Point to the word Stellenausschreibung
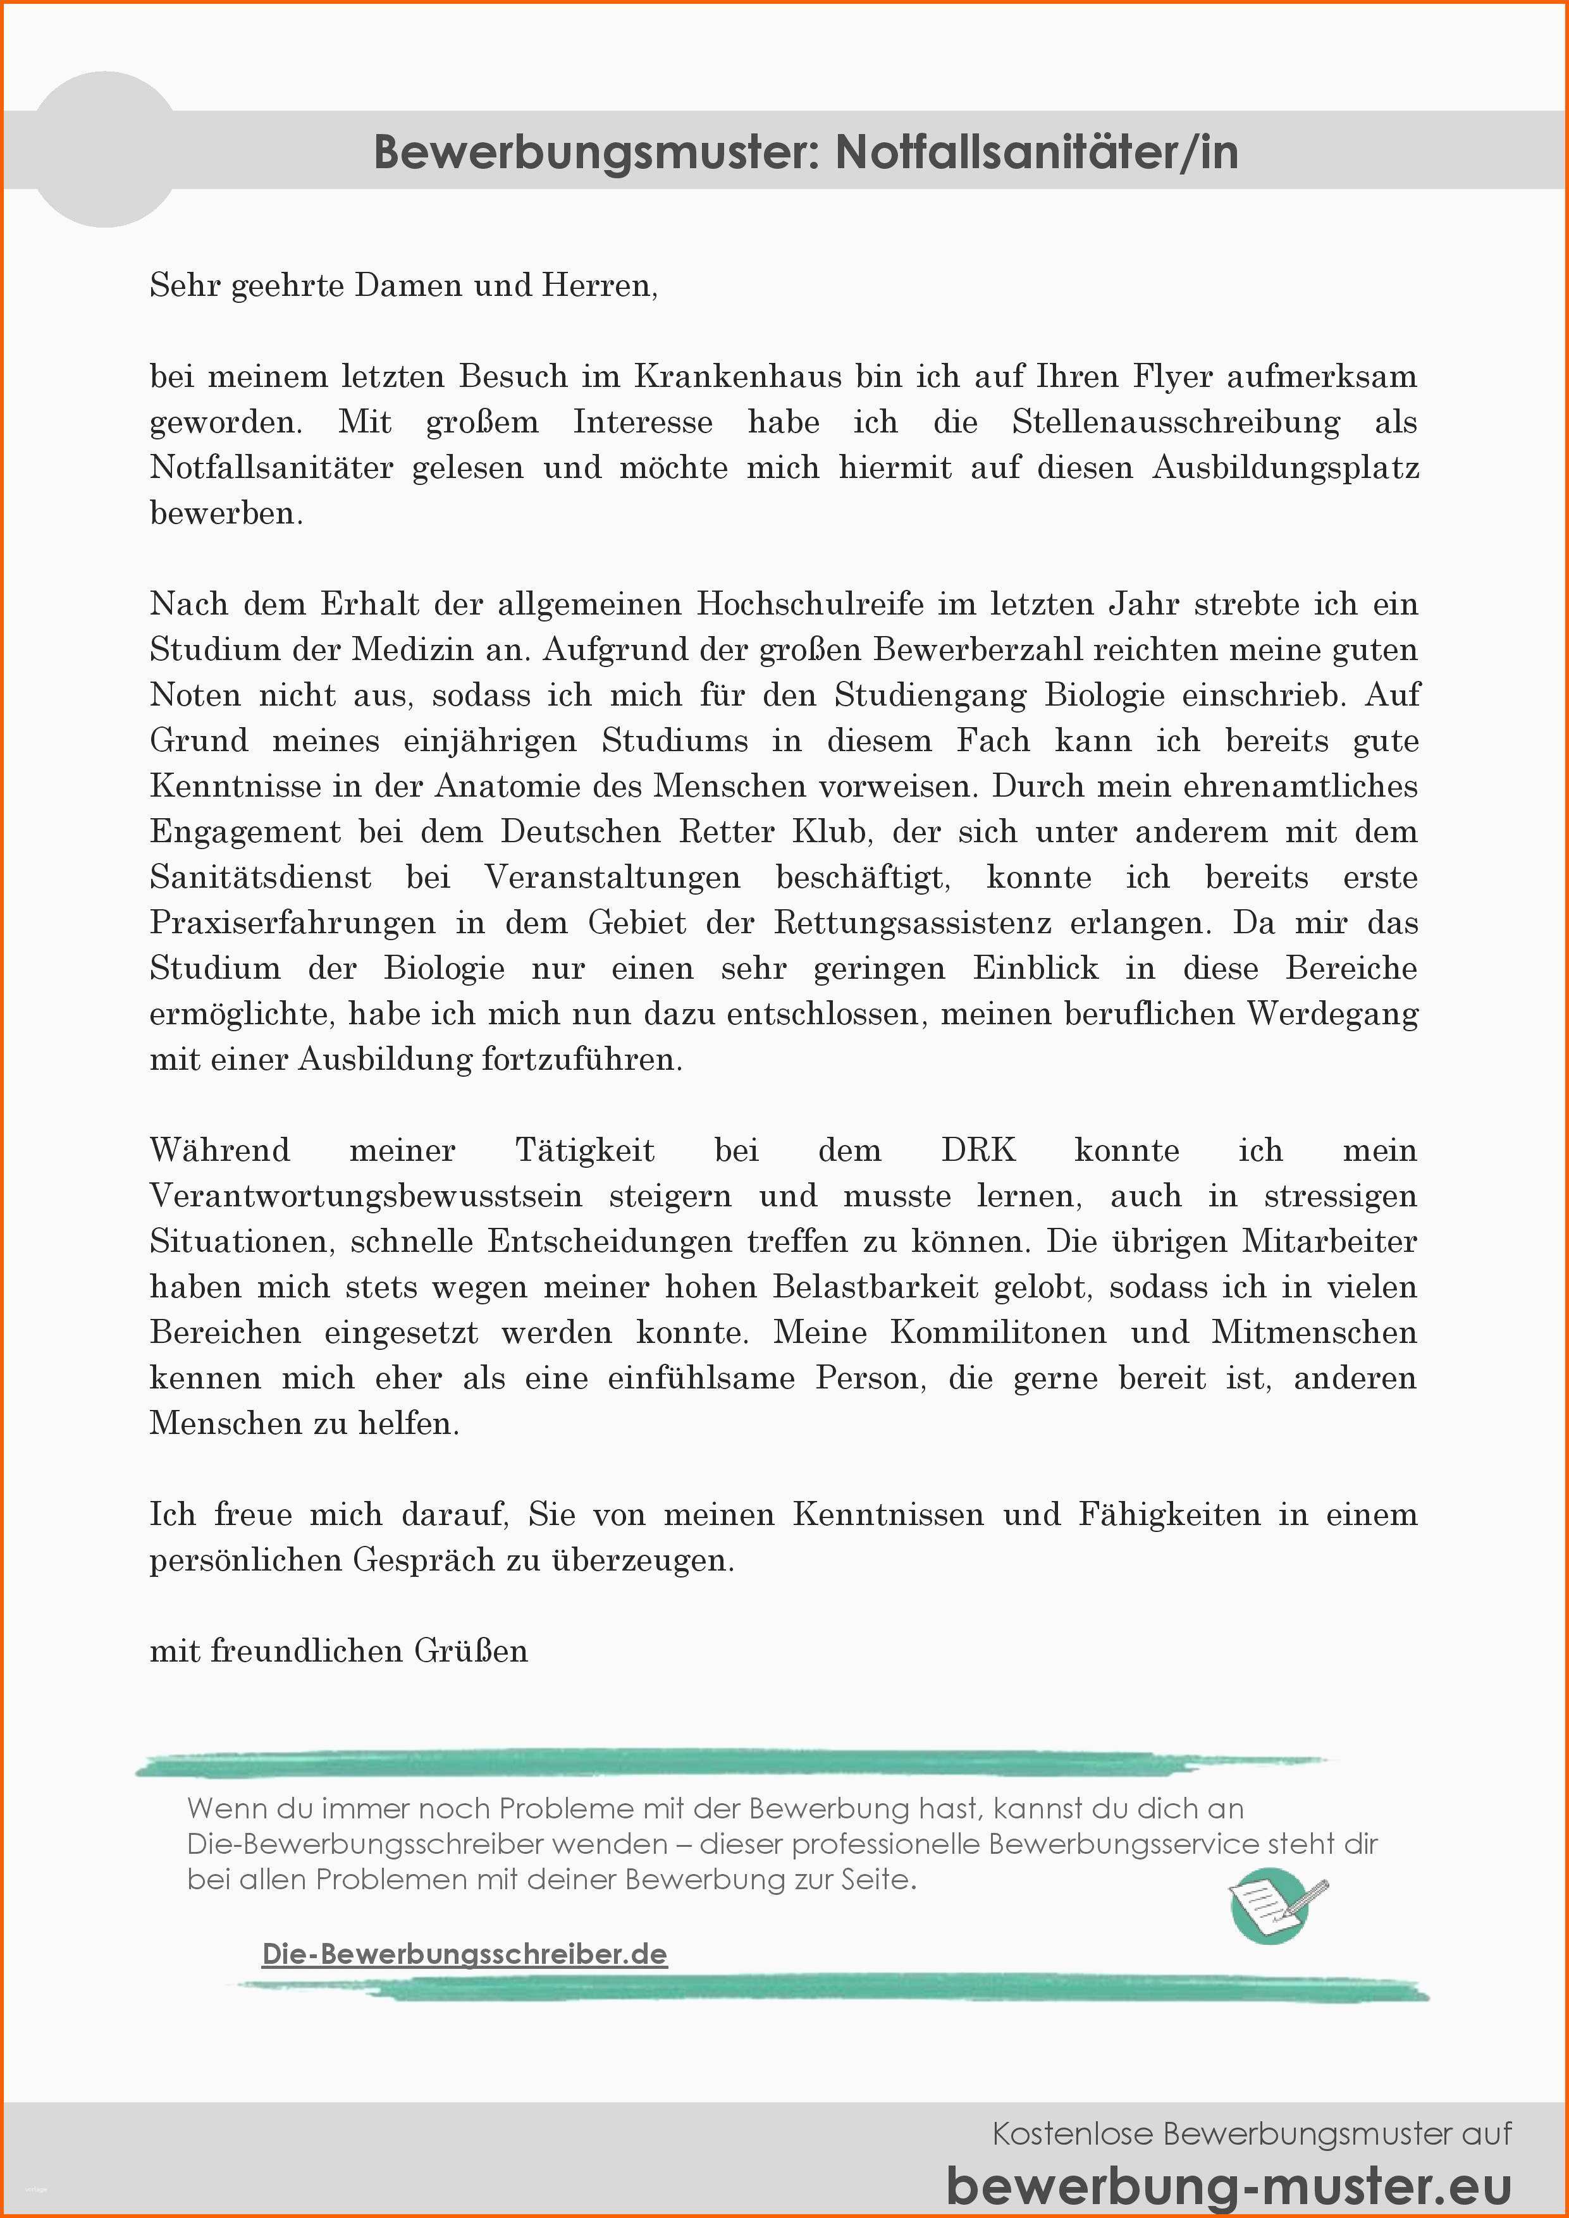(1176, 422)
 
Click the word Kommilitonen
(998, 1332)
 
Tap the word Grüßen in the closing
(472, 1651)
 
